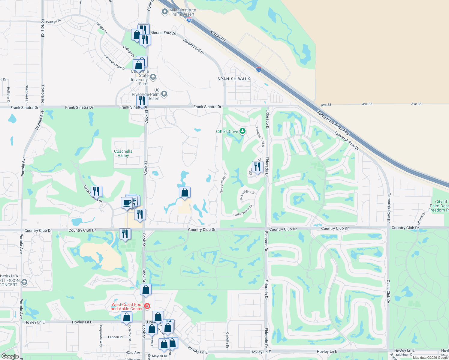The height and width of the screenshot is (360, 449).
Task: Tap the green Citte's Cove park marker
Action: pos(243,131)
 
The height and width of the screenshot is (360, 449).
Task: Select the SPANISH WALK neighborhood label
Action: pos(234,79)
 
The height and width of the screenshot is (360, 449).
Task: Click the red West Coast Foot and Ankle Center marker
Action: pos(147,306)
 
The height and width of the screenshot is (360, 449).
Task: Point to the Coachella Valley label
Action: pos(123,153)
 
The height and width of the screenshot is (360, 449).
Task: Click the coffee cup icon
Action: pos(127,202)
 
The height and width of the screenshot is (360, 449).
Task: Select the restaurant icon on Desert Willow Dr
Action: pos(96,191)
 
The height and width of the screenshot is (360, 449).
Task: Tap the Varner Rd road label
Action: pos(218,36)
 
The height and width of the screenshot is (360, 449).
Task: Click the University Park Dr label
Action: pos(115,62)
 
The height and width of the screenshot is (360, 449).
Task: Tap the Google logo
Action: pos(10,356)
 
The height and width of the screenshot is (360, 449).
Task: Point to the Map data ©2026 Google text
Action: pos(430,358)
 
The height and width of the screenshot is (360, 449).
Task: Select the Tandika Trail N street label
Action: pos(260,136)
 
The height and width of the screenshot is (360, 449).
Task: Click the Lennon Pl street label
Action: pos(115,337)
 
